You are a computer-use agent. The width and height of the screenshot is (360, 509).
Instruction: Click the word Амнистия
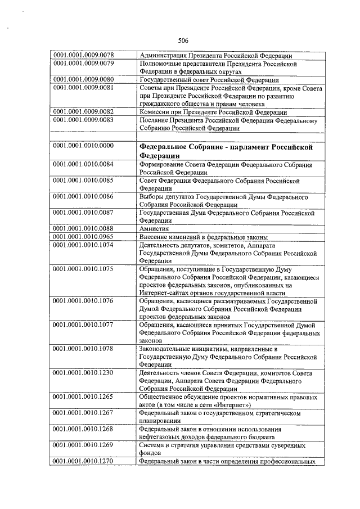tap(154, 228)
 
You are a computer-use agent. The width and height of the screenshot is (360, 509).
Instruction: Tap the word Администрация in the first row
tap(164, 55)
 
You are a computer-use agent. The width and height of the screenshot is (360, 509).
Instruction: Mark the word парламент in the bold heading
tap(249, 146)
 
